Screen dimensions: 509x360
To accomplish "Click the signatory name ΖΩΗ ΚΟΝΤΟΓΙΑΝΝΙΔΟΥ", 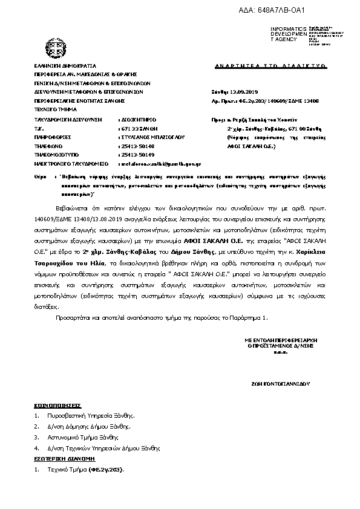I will (280, 383).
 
